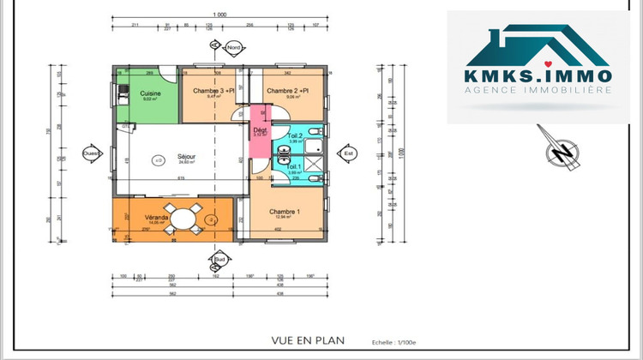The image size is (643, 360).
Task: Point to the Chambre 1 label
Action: [284, 212]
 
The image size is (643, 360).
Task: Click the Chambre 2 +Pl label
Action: [287, 90]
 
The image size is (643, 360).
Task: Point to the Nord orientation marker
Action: [233, 49]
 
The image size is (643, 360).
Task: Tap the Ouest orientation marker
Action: [91, 154]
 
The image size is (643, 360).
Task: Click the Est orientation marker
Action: [348, 154]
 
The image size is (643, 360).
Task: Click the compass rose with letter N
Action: [562, 153]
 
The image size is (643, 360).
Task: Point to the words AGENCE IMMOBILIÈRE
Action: [538, 90]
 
